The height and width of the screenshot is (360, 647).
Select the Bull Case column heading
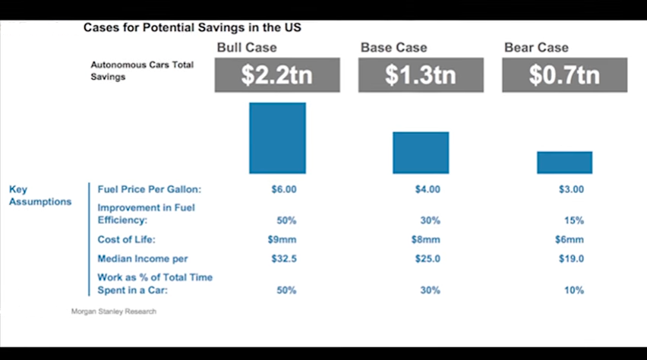pos(246,47)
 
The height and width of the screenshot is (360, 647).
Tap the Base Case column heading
pos(393,47)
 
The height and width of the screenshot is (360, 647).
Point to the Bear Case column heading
pos(536,47)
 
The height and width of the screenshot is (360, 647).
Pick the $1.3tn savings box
pos(421,75)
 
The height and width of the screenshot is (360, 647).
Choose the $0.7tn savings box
pos(564,75)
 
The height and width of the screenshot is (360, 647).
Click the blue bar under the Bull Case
pos(277,137)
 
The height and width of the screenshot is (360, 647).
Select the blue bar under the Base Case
pos(421,153)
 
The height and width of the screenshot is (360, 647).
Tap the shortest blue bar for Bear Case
pos(564,163)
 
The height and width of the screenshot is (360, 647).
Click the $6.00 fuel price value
pos(283,189)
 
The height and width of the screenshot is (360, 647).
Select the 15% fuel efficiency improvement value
pos(573,221)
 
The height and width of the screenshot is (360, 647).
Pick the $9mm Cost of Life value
pos(283,240)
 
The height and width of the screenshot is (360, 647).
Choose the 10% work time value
pos(573,291)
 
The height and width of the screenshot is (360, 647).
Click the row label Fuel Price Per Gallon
pos(149,189)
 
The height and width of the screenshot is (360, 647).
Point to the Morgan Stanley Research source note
pos(114,311)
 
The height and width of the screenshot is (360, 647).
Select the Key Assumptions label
pos(40,195)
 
